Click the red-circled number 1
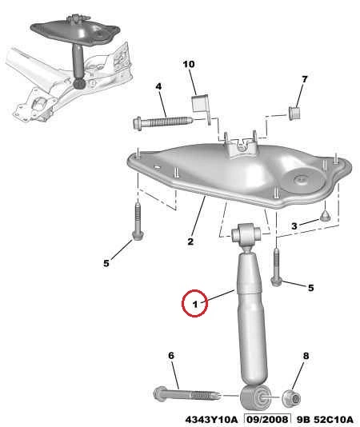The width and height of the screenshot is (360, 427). tap(195, 304)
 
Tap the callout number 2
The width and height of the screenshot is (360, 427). tap(190, 241)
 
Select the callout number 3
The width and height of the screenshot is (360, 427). tap(294, 225)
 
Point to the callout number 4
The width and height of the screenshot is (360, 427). tap(158, 86)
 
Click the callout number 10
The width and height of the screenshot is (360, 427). tap(189, 64)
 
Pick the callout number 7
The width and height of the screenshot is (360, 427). tap(305, 79)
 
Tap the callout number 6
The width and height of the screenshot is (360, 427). tap(171, 355)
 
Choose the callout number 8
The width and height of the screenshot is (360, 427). tap(306, 356)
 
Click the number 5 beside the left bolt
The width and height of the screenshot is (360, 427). tap(106, 263)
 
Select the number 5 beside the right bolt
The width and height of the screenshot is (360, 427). tap(310, 288)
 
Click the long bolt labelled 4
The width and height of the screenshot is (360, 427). tap(162, 122)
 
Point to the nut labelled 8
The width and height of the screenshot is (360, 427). tap(291, 399)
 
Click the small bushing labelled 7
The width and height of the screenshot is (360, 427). tap(295, 113)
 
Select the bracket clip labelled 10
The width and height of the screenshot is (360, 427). tap(202, 107)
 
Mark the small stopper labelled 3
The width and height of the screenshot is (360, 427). tap(325, 217)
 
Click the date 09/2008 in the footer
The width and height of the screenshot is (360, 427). tap(266, 419)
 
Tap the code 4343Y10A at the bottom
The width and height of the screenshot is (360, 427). tap(211, 419)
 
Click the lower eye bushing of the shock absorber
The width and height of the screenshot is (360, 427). tap(256, 397)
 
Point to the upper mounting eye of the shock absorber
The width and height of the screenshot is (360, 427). tap(246, 233)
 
